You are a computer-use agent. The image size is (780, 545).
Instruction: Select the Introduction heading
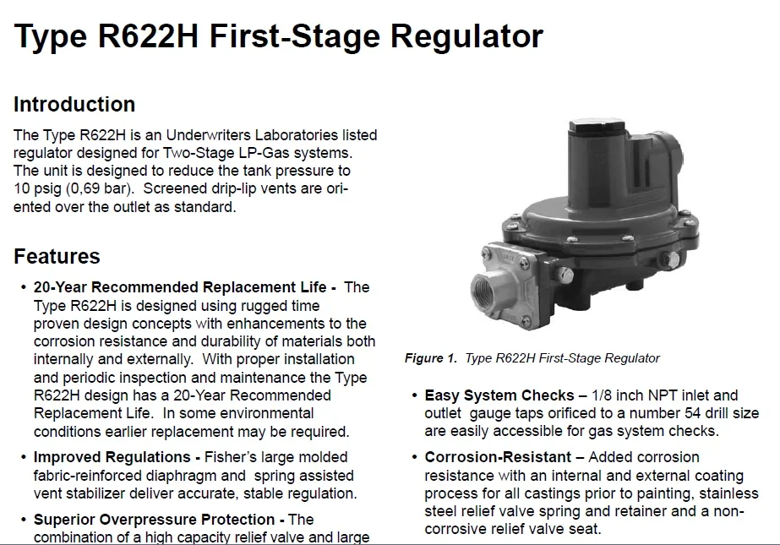[x=74, y=105]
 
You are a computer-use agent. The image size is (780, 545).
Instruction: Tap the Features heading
[x=57, y=257]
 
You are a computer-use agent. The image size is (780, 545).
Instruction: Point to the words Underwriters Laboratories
[x=248, y=135]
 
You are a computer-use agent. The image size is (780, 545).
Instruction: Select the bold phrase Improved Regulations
[x=112, y=458]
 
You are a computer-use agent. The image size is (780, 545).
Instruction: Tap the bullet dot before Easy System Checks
[x=414, y=395]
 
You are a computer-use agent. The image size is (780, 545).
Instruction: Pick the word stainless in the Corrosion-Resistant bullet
[x=729, y=493]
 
